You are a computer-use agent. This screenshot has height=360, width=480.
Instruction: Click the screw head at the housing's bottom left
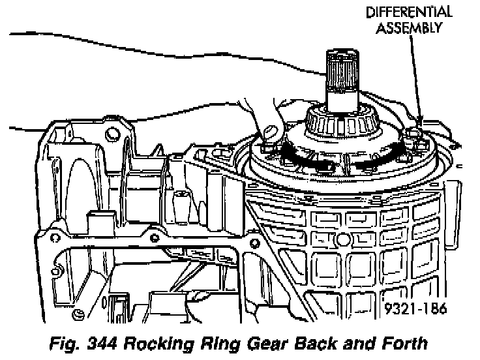pos(78,316)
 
